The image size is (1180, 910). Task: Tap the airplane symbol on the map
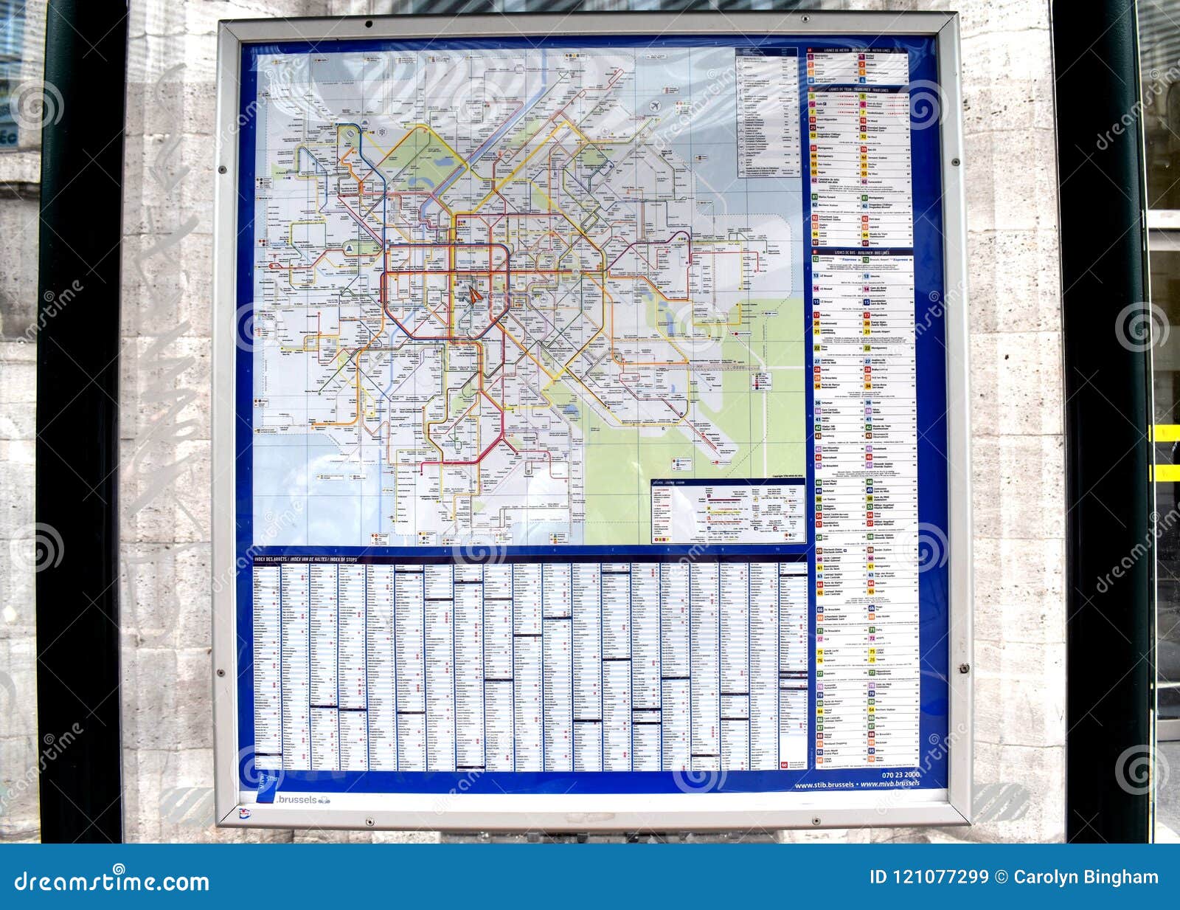(653, 106)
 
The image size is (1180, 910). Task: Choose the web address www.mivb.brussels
(890, 783)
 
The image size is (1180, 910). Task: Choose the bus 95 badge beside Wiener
(872, 749)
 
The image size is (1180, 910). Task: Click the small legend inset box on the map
(728, 511)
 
